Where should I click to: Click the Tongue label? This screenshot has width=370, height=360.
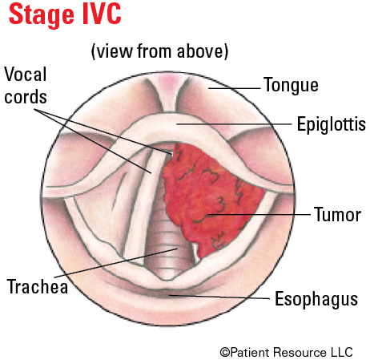291,86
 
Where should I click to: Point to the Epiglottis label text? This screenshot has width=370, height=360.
331,124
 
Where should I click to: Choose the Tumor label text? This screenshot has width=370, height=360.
337,215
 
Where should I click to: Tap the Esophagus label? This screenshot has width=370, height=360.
316,299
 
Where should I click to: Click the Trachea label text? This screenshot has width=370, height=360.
38,287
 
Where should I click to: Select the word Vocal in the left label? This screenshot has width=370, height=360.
26,74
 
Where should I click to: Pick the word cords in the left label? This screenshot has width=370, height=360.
26,97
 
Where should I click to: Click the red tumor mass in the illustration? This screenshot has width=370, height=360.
211,198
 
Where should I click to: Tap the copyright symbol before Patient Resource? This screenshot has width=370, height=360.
225,352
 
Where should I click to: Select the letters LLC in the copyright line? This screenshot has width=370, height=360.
342,352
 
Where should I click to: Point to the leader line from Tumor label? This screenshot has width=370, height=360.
259,214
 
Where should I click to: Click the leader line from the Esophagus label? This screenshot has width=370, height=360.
219,297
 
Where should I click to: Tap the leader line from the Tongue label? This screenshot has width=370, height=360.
235,88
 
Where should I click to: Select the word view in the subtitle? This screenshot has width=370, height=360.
115,51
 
